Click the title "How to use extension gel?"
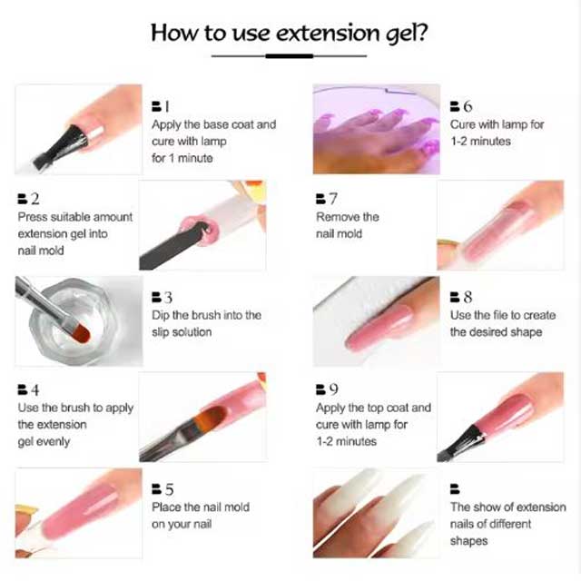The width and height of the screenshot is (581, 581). pyautogui.click(x=290, y=33)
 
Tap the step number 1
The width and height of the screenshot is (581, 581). pyautogui.click(x=166, y=107)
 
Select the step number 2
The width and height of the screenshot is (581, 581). pyautogui.click(x=34, y=199)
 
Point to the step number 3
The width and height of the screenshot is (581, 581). pyautogui.click(x=168, y=298)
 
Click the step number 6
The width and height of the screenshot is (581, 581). pyautogui.click(x=468, y=107)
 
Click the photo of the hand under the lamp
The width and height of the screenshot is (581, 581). pyautogui.click(x=376, y=129)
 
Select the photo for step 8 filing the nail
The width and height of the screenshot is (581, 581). pyautogui.click(x=376, y=320)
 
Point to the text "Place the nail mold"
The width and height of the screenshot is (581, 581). pyautogui.click(x=200, y=507)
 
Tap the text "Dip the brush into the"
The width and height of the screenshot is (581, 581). pyautogui.click(x=206, y=315)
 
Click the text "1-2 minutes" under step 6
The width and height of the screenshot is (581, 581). pyautogui.click(x=480, y=141)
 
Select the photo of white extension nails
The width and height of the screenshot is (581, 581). pyautogui.click(x=376, y=513)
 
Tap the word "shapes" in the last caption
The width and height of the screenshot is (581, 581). pyautogui.click(x=468, y=541)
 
